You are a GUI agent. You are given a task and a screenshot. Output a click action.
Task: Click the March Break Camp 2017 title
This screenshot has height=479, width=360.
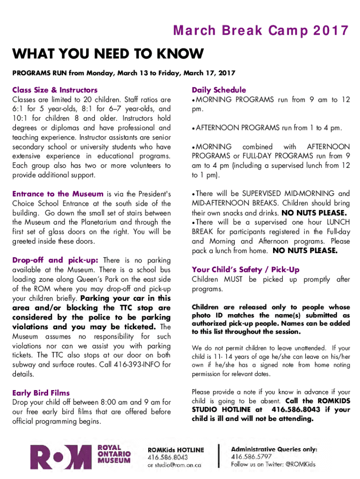pyautogui.click(x=261, y=31)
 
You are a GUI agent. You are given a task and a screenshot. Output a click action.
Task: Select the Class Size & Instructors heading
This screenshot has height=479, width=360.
pyautogui.click(x=55, y=90)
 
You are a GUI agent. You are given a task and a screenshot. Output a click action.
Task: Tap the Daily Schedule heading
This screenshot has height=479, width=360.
pyautogui.click(x=218, y=90)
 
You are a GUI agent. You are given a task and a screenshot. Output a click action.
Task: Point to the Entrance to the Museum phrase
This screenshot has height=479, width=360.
pyautogui.click(x=58, y=194)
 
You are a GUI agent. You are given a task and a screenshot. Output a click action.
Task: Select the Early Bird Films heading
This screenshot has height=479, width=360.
pyautogui.click(x=41, y=393)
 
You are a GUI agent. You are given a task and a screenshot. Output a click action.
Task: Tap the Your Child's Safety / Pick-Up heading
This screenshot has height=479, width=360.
pyautogui.click(x=245, y=269)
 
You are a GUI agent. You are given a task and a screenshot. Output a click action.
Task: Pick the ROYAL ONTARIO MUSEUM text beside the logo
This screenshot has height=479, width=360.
pyautogui.click(x=114, y=454)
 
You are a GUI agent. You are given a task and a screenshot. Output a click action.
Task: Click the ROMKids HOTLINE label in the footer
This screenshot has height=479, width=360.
pyautogui.click(x=176, y=450)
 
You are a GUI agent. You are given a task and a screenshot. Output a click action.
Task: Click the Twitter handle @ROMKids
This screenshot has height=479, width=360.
pyautogui.click(x=300, y=464)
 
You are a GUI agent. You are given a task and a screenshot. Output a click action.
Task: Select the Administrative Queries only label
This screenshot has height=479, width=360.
pyautogui.click(x=274, y=449)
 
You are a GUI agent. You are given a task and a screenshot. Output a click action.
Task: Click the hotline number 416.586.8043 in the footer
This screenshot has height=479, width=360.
pyautogui.click(x=168, y=457)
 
